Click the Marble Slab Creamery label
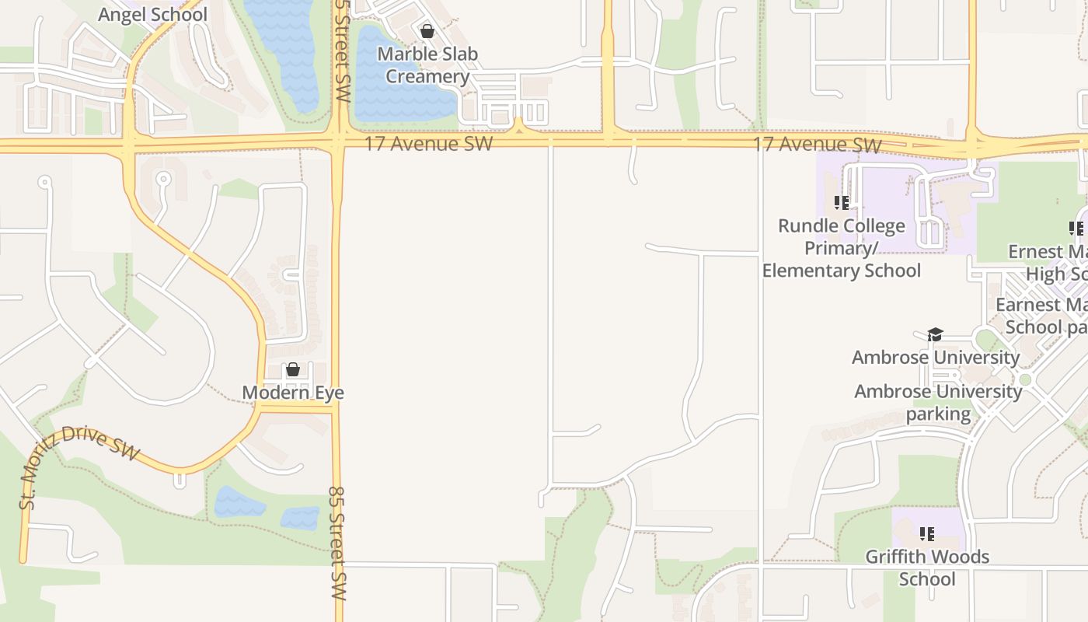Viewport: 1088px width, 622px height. [x=427, y=65]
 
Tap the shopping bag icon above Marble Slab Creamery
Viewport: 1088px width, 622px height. [x=427, y=31]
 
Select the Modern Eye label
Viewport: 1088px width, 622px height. [x=293, y=393]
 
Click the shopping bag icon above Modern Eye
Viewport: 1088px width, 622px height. [x=293, y=369]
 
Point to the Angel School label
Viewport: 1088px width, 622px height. [x=153, y=14]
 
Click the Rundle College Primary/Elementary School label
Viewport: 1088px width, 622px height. [x=842, y=248]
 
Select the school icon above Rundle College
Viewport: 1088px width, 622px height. [x=841, y=203]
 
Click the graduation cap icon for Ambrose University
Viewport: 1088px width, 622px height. [x=935, y=334]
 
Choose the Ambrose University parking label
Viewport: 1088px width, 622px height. [x=938, y=402]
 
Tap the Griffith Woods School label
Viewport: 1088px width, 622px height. [x=927, y=568]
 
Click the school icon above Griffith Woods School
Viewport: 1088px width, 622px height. [x=926, y=534]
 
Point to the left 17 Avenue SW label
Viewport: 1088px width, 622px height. [x=428, y=144]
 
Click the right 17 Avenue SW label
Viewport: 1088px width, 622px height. [x=817, y=145]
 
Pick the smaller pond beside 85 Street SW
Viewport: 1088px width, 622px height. [x=300, y=518]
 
